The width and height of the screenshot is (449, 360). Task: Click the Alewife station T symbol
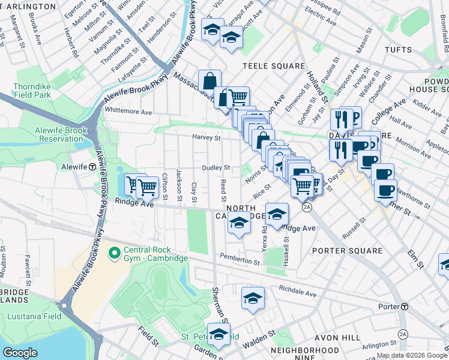tap(92, 167)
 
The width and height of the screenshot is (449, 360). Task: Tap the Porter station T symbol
tap(405, 307)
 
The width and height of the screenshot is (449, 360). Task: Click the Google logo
tap(20, 353)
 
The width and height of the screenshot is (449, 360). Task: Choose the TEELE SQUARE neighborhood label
tap(265, 65)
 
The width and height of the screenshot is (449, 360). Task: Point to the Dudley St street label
tap(216, 168)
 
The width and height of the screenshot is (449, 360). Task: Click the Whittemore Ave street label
tap(128, 112)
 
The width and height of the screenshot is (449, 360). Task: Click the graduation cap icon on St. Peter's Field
tap(219, 335)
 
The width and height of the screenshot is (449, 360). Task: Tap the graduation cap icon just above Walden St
tap(253, 298)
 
